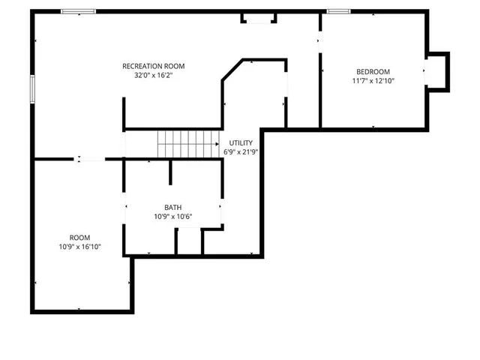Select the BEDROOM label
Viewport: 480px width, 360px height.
point(373,71)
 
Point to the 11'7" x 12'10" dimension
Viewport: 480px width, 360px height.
point(373,80)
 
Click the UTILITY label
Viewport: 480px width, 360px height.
point(241,142)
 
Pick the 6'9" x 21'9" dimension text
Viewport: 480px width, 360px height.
point(241,151)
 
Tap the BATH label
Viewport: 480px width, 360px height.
point(172,208)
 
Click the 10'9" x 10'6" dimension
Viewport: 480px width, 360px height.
point(172,217)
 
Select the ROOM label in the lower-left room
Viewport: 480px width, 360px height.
point(79,237)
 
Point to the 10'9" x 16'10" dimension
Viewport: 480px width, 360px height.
point(79,246)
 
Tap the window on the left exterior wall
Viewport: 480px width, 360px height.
point(32,89)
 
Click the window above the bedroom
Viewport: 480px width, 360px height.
point(339,11)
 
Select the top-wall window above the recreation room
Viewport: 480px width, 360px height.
point(78,11)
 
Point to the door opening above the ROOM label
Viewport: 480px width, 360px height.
point(89,159)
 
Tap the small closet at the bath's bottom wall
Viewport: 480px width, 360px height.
point(189,241)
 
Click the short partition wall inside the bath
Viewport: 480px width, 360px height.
point(171,172)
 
